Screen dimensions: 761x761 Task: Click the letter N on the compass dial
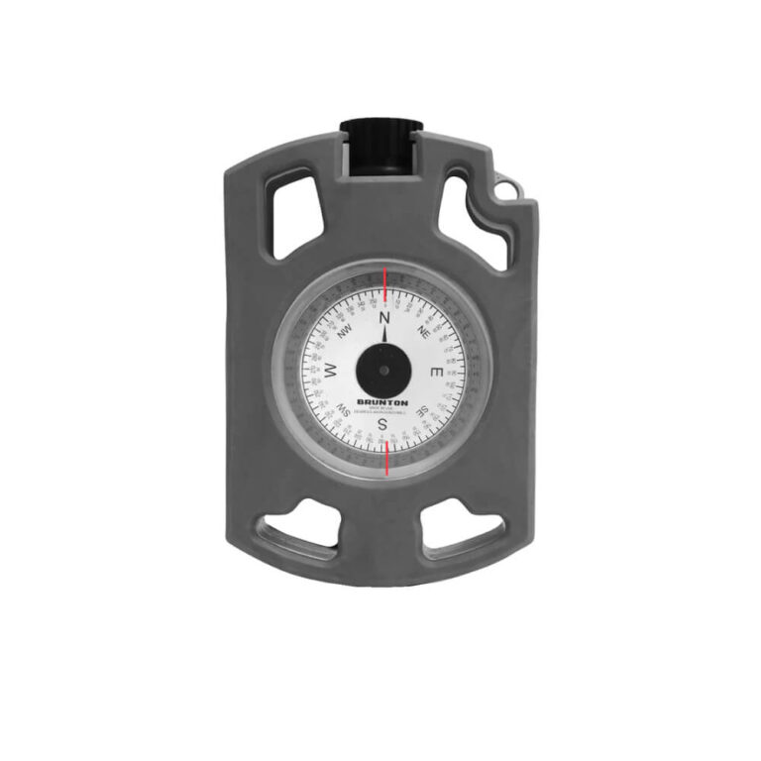384,320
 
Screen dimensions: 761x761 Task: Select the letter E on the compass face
436,372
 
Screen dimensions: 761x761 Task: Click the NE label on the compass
423,332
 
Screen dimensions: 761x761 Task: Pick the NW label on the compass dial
345,333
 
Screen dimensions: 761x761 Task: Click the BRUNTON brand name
383,400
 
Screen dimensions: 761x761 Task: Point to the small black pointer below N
384,336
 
